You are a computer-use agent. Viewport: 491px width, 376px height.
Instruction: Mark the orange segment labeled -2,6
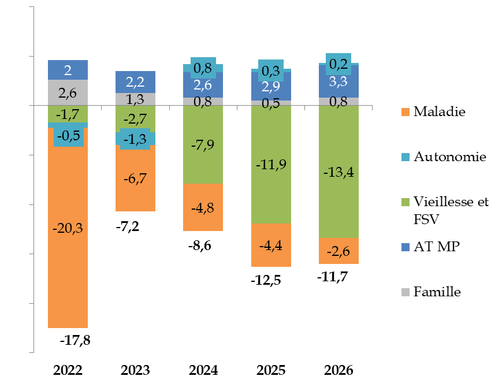[x=339, y=251]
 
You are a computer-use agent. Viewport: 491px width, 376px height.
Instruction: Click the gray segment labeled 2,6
[x=68, y=92]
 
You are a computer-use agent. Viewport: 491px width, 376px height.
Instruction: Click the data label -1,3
[x=135, y=139]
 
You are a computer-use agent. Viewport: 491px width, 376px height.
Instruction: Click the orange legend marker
[x=406, y=112]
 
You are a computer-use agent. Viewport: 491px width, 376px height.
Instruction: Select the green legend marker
[x=406, y=202]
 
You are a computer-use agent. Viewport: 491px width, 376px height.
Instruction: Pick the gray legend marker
[x=406, y=292]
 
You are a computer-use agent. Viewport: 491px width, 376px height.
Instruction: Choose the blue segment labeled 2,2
[x=135, y=82]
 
